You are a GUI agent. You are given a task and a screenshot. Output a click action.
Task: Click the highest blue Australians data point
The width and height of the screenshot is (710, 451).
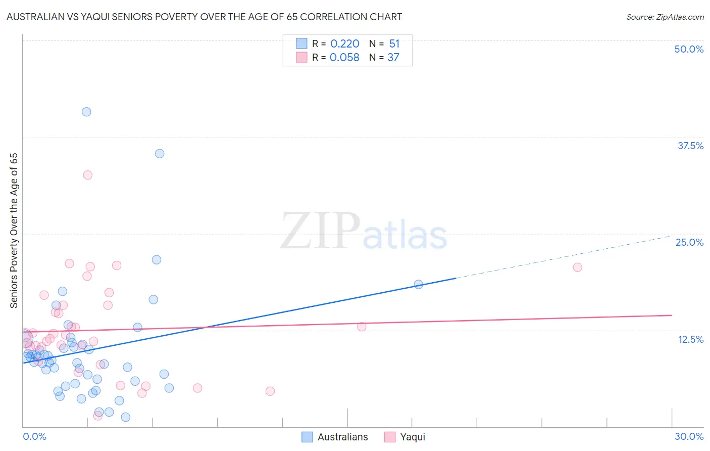[86, 112]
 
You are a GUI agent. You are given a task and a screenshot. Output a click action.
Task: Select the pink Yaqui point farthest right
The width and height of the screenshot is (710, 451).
[577, 267]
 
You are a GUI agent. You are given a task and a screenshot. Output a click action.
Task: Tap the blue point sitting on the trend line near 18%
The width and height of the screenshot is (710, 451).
[418, 284]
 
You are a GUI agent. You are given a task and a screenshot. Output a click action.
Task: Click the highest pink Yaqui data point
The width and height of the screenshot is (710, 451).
[87, 175]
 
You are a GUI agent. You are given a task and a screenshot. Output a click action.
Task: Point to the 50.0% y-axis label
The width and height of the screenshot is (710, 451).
[689, 49]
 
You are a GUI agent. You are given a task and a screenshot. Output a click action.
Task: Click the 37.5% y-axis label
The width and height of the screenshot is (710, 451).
[690, 146]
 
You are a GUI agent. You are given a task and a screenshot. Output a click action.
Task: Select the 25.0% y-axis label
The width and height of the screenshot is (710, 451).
[689, 242]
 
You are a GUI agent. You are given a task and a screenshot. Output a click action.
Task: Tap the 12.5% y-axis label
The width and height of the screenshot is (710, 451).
[690, 339]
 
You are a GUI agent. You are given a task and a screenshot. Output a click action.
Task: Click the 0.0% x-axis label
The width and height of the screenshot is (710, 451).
[34, 436]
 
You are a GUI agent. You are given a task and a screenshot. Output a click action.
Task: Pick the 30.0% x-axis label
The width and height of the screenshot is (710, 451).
[689, 436]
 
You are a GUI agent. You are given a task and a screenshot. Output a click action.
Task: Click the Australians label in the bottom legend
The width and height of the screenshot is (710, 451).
[342, 437]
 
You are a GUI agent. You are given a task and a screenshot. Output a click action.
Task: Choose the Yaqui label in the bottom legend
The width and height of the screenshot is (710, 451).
[413, 437]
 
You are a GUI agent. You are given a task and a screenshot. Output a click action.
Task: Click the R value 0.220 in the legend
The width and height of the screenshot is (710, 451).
[344, 44]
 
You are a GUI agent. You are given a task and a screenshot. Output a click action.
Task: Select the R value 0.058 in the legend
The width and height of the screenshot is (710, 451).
[344, 57]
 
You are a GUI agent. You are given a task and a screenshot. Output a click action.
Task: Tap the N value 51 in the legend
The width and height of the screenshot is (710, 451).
[394, 44]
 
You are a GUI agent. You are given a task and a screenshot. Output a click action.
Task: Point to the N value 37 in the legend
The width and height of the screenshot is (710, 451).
[393, 57]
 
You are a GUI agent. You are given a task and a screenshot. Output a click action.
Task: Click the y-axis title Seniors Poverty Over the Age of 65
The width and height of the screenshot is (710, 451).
[14, 230]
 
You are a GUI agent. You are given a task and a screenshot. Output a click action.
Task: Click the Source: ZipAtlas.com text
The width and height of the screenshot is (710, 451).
[665, 17]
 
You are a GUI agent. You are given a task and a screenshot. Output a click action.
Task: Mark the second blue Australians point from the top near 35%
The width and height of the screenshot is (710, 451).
[160, 154]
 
